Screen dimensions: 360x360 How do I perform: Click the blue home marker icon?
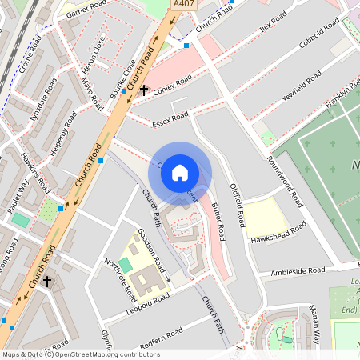(x=180, y=173)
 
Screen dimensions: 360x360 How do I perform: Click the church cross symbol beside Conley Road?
(x=144, y=90)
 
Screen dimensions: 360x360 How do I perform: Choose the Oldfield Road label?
(x=237, y=200)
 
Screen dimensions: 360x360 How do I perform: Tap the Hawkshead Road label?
(x=278, y=233)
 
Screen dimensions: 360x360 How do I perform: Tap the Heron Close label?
(x=92, y=50)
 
